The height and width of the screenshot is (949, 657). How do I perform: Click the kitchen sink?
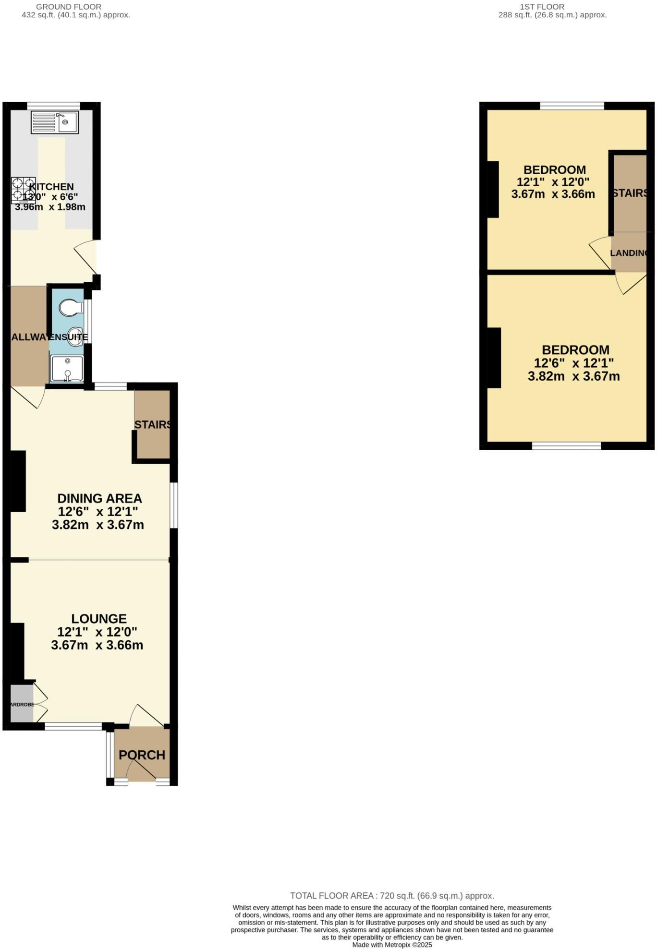click(x=54, y=122)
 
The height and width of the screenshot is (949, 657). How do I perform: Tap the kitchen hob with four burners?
click(x=23, y=190)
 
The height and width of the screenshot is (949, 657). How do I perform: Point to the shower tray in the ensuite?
click(x=67, y=369)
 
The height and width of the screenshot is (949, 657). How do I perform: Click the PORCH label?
click(x=142, y=755)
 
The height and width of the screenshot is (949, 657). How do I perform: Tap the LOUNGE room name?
click(x=99, y=619)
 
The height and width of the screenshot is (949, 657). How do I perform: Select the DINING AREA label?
click(x=99, y=498)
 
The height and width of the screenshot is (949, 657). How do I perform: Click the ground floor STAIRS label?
click(x=153, y=425)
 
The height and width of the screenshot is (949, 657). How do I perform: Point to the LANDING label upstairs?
click(x=628, y=253)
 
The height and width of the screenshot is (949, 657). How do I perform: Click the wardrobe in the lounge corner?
click(x=22, y=704)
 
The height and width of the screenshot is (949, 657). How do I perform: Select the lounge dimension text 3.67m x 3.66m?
click(x=97, y=645)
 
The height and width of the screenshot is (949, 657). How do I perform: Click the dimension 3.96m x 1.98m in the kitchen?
click(x=50, y=207)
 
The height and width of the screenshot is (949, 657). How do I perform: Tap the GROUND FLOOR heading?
click(x=69, y=7)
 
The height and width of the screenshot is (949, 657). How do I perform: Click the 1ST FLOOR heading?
click(x=542, y=7)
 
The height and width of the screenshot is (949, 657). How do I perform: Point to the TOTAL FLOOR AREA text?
click(x=392, y=896)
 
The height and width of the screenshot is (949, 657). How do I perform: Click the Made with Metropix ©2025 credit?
click(x=392, y=945)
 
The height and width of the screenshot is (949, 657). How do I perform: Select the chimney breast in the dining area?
click(x=18, y=481)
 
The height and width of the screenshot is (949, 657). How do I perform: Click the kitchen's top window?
click(x=53, y=106)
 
